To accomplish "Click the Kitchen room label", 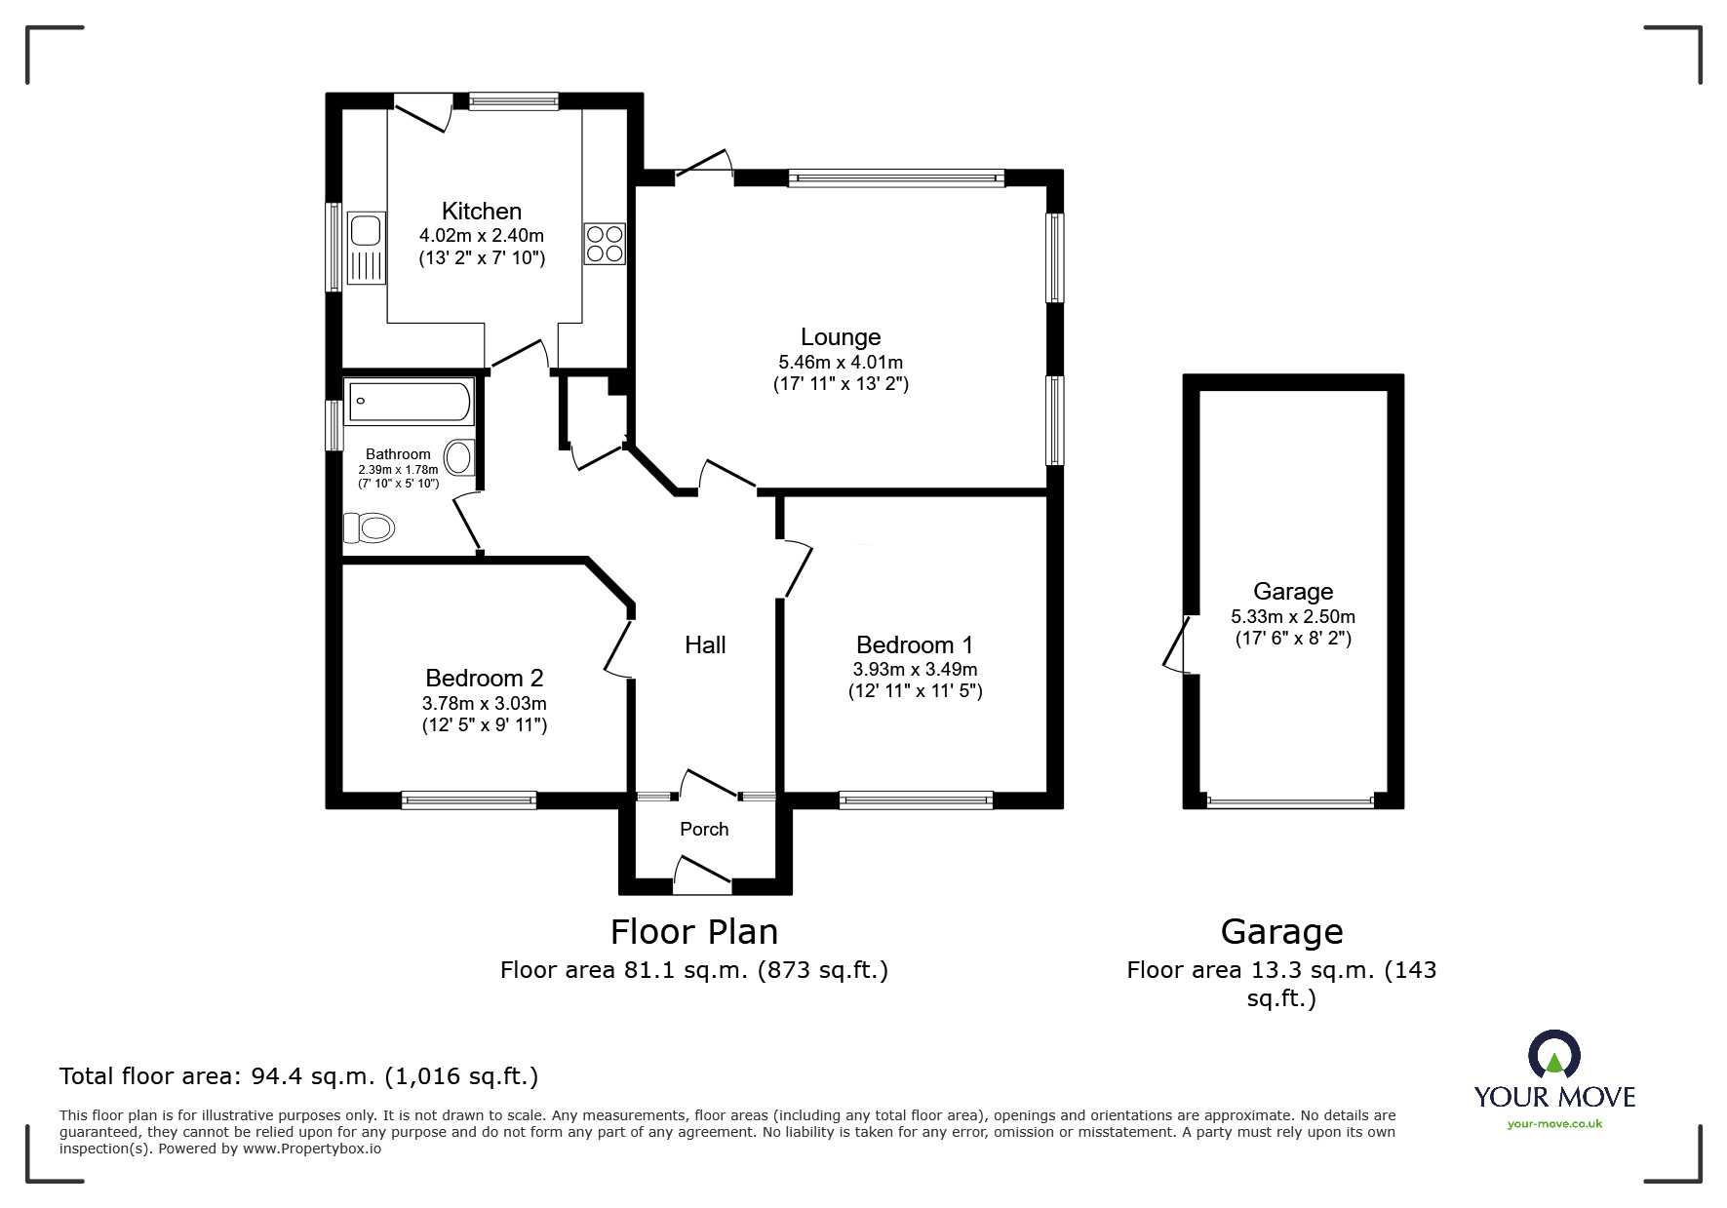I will coord(481,212).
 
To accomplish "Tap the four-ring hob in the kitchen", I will coord(604,244).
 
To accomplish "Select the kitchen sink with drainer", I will coord(367,248).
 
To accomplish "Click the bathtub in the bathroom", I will coord(410,402).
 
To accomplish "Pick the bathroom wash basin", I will coord(458,456).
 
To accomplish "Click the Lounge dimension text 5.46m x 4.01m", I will coord(840,362).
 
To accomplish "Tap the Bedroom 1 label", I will coord(914,644).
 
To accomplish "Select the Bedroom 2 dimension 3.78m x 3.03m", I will coord(484,703).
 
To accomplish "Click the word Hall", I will coord(705,644).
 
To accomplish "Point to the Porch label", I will coord(704,829).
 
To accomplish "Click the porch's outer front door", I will coord(702,874).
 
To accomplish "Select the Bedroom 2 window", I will coord(468,799).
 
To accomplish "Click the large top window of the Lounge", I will coord(895,177).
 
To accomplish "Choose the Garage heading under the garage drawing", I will coord(1281,932).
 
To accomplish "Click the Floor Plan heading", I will coord(693,932).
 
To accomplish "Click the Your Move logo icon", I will coord(1553,1057).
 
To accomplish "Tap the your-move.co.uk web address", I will coord(1554,1124).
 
